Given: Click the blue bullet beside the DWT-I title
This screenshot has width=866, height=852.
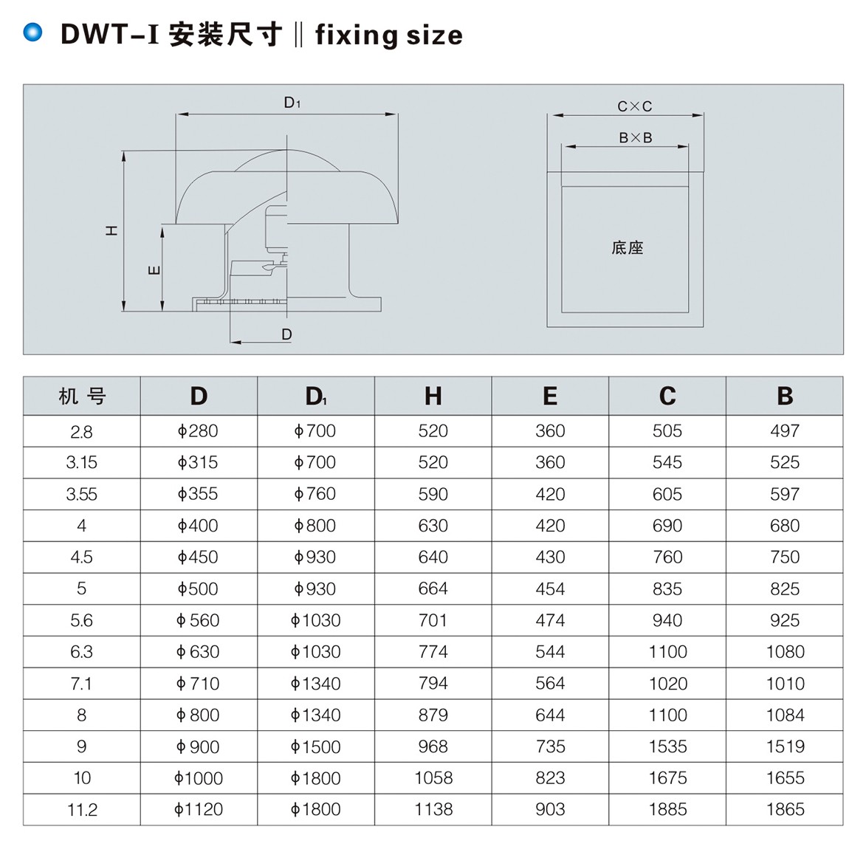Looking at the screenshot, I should tap(33, 32).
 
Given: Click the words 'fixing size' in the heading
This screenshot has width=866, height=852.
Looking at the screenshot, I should tap(388, 35).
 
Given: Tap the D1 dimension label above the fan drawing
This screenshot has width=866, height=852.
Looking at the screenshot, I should tap(292, 103).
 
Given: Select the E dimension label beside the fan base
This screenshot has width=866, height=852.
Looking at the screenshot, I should tap(154, 270).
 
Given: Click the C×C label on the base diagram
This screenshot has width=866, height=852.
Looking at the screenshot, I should tap(634, 106).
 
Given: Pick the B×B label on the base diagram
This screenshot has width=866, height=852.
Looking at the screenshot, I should tap(635, 138).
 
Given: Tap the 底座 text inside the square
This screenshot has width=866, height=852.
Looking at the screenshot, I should tap(627, 248).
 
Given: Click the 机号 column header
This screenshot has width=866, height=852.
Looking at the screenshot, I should tap(82, 396).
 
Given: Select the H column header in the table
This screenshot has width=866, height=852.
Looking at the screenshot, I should tap(433, 396).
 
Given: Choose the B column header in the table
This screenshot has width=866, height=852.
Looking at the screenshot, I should tap(784, 396).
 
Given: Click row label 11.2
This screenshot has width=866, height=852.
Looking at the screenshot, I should tap(82, 810).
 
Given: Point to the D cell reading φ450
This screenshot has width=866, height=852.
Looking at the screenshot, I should tap(198, 557).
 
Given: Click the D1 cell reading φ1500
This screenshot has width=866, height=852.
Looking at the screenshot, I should tap(315, 746).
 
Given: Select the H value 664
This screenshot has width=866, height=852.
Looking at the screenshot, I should tap(433, 589).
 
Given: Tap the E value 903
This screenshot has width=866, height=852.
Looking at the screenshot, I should tap(550, 810).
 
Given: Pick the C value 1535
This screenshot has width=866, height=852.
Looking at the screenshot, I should tap(667, 746).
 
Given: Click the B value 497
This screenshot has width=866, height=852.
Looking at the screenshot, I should tap(784, 431).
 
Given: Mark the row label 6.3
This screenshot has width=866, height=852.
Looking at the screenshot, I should tap(82, 652).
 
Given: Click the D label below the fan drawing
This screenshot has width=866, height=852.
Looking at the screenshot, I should tap(286, 334).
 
